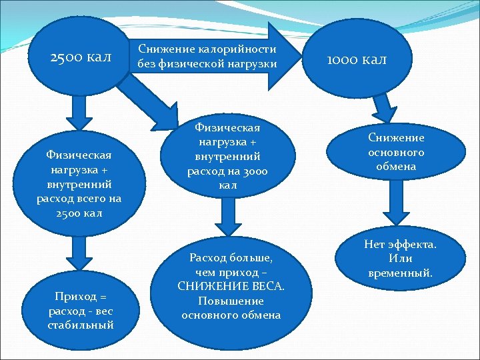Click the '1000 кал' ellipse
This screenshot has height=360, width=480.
coord(356,59)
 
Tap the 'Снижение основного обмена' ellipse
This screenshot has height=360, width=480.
coord(395,152)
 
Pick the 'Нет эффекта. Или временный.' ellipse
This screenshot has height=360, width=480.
coord(399,259)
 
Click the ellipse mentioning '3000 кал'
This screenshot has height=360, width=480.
coord(228,155)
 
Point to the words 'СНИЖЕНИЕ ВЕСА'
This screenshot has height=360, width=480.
coord(231,286)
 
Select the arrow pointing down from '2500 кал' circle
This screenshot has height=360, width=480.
coord(79,117)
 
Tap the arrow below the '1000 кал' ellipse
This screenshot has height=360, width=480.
coord(385,107)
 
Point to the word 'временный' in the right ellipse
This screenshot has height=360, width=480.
coord(399,273)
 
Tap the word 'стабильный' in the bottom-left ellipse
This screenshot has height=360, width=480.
coord(81,325)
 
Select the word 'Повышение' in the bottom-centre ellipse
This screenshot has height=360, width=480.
coord(231,301)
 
